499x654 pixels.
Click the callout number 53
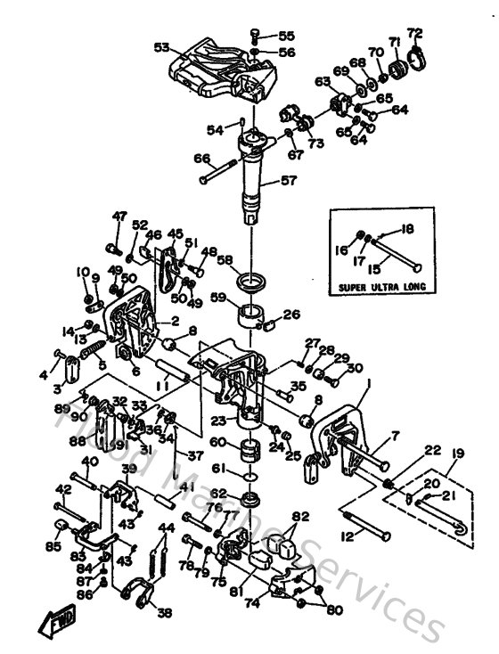(x=161, y=47)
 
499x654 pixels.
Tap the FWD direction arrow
(x=61, y=616)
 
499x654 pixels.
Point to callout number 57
(x=288, y=179)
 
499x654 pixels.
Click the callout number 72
(x=413, y=33)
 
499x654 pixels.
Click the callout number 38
(x=165, y=613)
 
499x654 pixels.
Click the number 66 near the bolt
(x=203, y=159)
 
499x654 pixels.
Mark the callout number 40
(x=89, y=461)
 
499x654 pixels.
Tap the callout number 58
(x=225, y=259)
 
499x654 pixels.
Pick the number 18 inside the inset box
(x=408, y=228)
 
